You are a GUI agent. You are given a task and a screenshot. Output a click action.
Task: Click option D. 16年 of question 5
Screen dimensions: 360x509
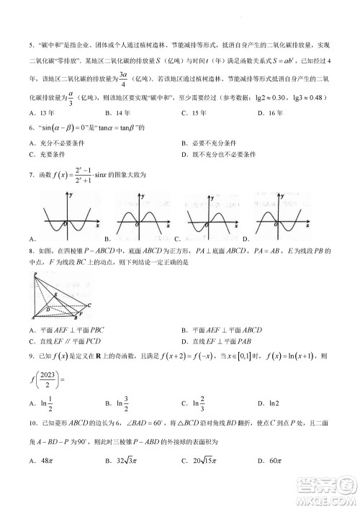[x=274, y=113]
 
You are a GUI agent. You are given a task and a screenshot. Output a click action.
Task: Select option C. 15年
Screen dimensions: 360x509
[x=195, y=113]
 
